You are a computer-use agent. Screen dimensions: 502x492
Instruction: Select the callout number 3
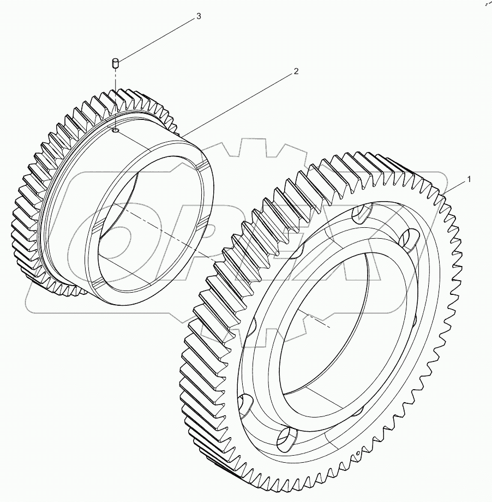pyautogui.click(x=198, y=17)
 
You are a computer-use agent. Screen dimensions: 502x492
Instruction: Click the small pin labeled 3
pyautogui.click(x=116, y=65)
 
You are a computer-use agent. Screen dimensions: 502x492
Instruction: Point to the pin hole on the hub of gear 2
pyautogui.click(x=116, y=130)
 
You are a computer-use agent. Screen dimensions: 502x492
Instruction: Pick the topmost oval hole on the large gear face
pyautogui.click(x=361, y=214)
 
